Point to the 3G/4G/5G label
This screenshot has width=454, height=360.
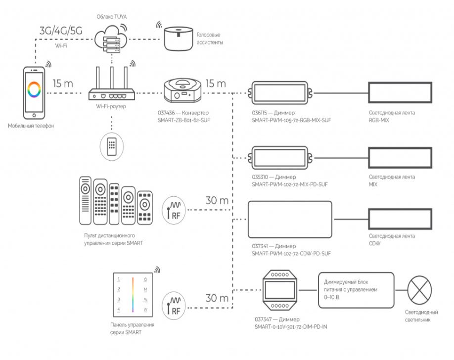click(x=60, y=30)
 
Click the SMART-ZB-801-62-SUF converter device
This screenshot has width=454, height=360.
click(x=182, y=90)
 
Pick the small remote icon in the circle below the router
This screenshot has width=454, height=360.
click(x=111, y=145)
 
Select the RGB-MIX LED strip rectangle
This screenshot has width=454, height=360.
click(x=400, y=93)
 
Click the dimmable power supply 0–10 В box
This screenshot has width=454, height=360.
click(x=355, y=289)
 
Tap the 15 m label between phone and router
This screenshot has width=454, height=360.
click(x=62, y=84)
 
